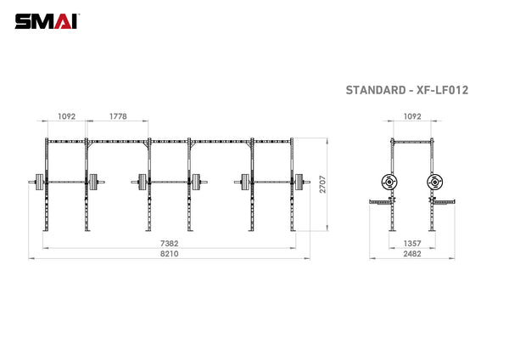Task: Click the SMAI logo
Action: pos(43,20)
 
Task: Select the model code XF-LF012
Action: pos(443,89)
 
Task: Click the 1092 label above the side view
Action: pos(411,116)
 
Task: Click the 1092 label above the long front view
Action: pos(67,116)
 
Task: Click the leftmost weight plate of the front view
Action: pos(37,180)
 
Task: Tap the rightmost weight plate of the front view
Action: pos(299,180)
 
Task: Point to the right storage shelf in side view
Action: pos(444,201)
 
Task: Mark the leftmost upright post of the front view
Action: pos(46,187)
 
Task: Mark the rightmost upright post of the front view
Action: pos(292,187)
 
